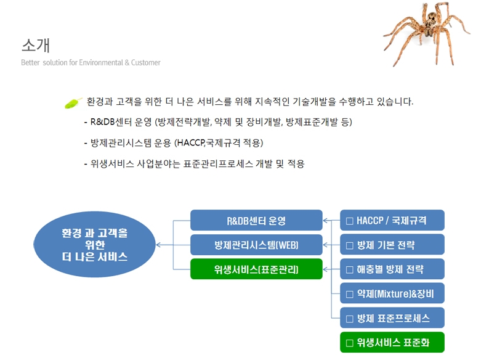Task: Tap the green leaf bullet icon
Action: (x=73, y=103)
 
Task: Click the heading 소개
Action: (x=36, y=45)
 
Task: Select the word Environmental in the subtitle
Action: (x=101, y=62)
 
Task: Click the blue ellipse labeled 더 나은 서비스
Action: (x=94, y=245)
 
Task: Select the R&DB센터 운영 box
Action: (x=256, y=220)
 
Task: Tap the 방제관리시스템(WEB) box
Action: (x=256, y=245)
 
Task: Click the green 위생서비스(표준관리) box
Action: (x=256, y=269)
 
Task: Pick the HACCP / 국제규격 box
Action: (x=392, y=220)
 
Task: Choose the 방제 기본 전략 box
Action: (x=392, y=245)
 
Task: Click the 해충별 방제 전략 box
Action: (x=392, y=269)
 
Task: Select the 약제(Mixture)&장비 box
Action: (x=392, y=293)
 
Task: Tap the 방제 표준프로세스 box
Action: (x=392, y=317)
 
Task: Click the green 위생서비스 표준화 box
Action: (x=392, y=342)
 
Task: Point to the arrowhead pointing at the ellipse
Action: (x=158, y=245)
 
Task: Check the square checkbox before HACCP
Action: (x=350, y=221)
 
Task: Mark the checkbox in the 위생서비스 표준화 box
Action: (x=350, y=343)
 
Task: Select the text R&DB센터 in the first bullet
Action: (x=111, y=122)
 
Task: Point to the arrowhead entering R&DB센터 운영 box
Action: (x=325, y=221)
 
